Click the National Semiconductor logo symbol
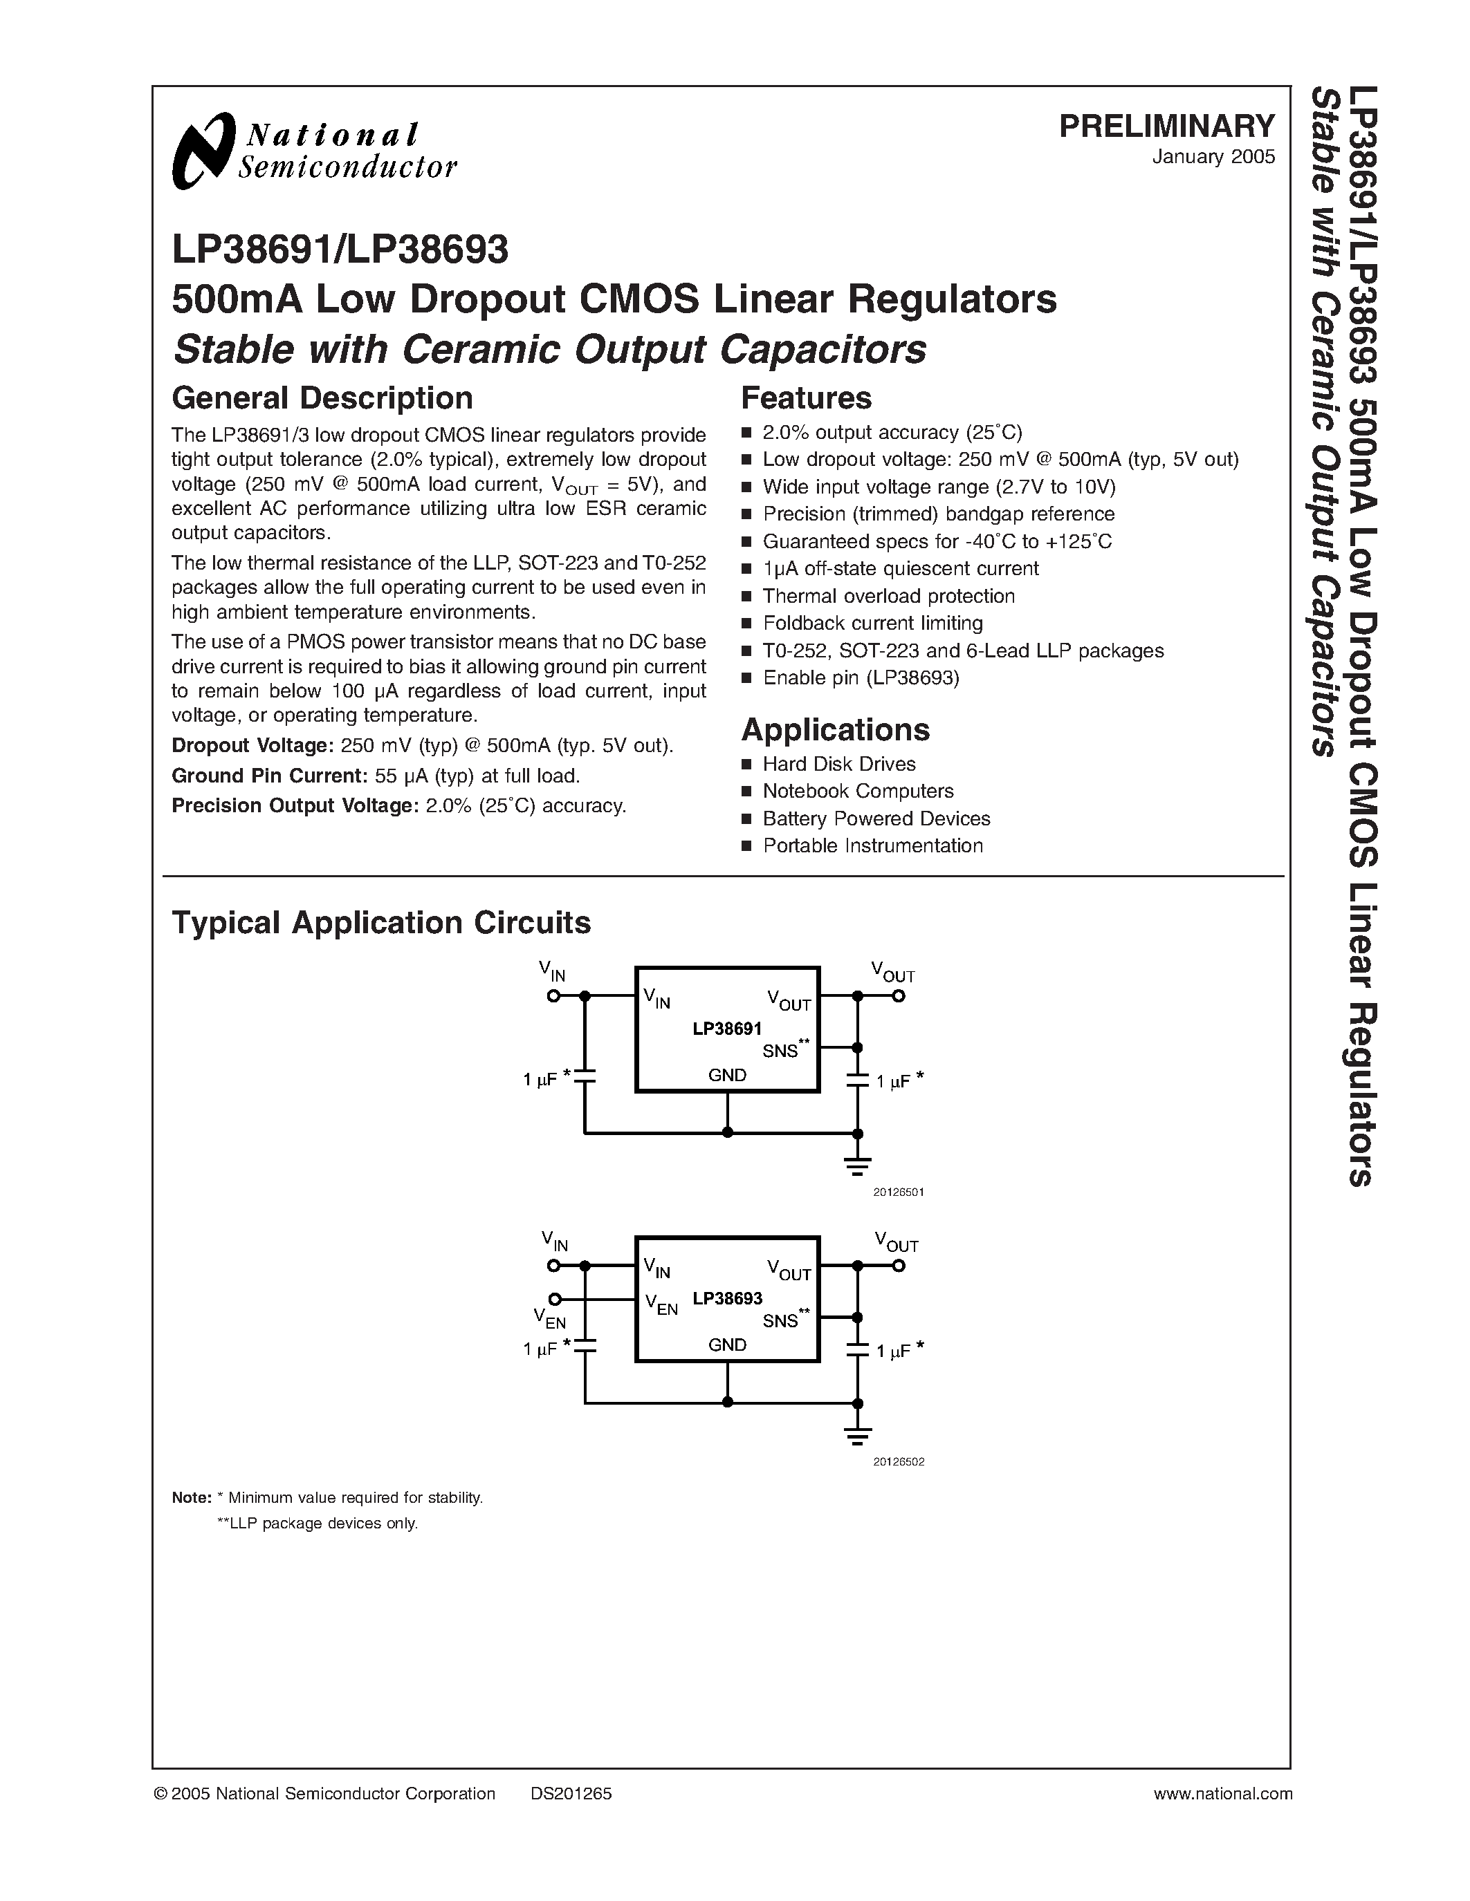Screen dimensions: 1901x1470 [204, 151]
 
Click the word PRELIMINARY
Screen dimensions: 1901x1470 [1166, 127]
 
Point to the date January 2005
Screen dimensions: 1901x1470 [1213, 158]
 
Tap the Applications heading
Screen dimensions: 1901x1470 [835, 729]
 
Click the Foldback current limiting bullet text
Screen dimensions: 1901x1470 [872, 624]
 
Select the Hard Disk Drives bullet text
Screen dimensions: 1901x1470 [838, 765]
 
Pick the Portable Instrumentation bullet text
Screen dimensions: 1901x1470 [872, 846]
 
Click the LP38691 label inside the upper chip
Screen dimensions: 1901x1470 [727, 1029]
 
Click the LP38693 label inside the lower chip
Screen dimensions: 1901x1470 [727, 1299]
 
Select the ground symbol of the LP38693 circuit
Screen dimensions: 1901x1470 [858, 1437]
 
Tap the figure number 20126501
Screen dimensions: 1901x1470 [898, 1192]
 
